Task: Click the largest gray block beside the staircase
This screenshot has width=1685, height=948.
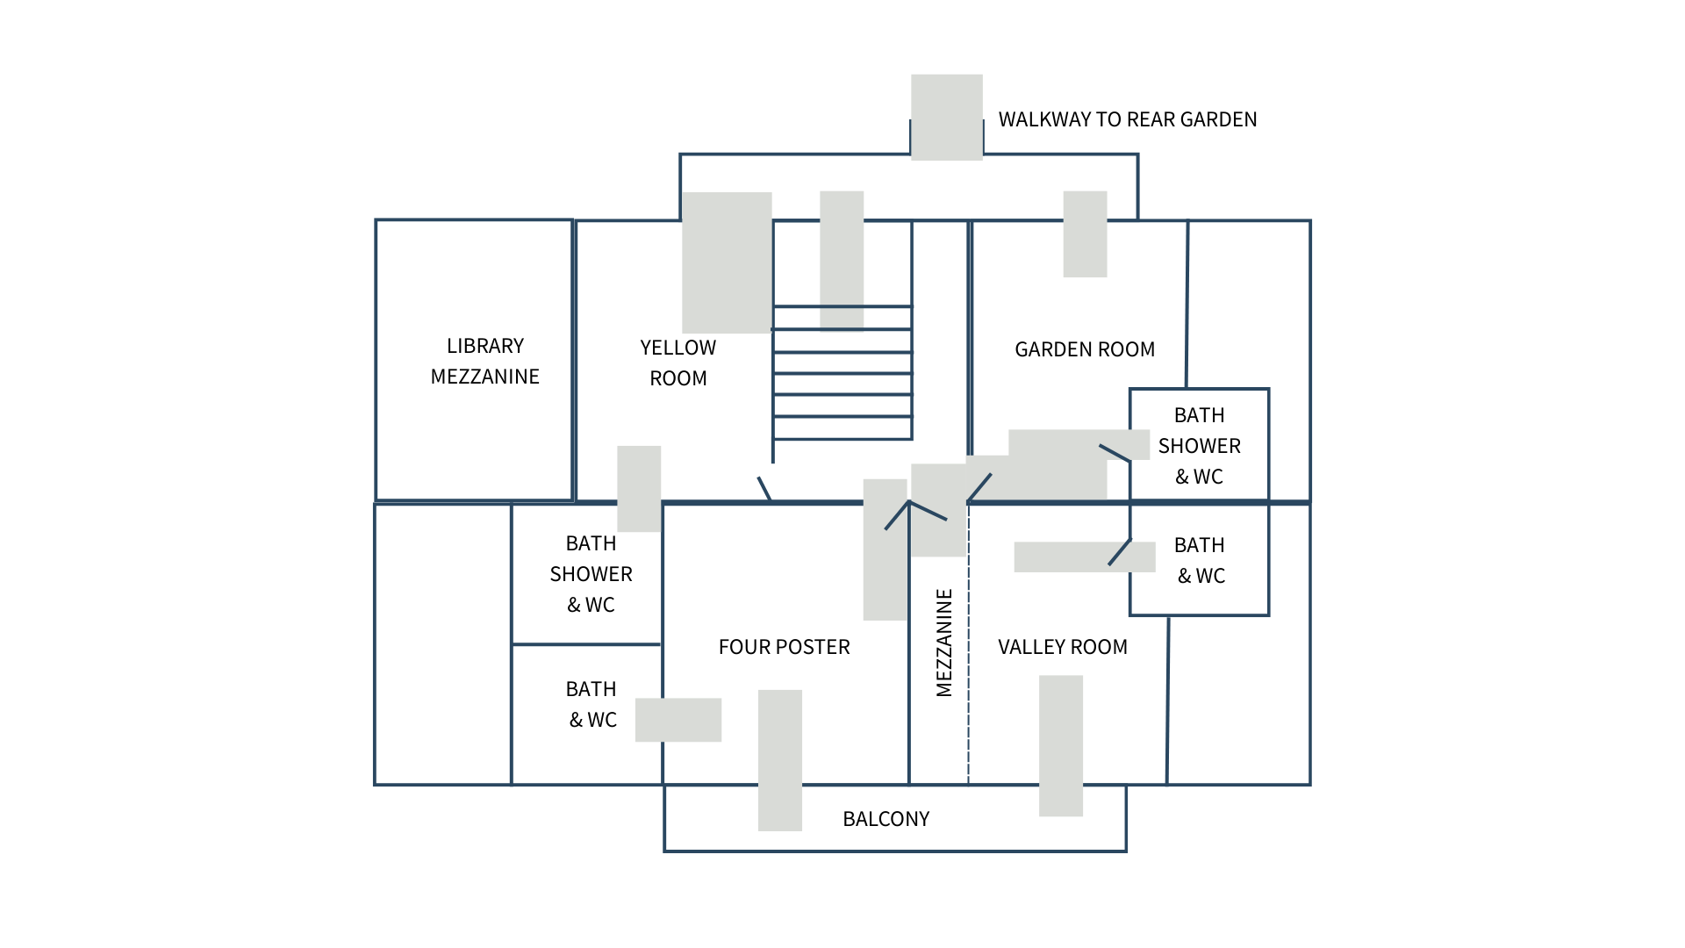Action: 727,262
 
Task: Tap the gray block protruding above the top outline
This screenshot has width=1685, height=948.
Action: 946,117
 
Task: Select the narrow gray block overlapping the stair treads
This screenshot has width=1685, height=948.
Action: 842,261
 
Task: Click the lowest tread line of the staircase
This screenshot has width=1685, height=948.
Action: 842,439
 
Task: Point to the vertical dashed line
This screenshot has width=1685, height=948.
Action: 968,667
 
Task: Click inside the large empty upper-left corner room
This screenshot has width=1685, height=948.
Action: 474,360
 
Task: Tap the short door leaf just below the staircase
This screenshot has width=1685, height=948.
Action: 764,488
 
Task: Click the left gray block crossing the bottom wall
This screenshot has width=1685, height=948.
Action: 780,759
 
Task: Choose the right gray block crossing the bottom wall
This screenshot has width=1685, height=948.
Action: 1061,745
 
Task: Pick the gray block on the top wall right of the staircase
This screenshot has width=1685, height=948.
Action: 1085,234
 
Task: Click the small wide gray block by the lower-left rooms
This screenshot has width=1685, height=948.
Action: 678,720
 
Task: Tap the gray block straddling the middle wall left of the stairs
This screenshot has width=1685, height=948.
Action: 639,488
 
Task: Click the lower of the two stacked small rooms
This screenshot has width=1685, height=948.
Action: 586,715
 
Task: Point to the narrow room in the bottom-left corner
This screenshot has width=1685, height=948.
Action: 442,644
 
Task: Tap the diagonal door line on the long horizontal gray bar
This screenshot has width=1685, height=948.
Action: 1120,552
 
